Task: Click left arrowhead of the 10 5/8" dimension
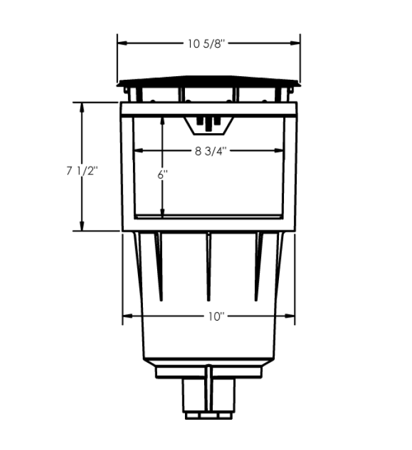(122, 43)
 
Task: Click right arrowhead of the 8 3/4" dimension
(281, 150)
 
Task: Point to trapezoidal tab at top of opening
(208, 125)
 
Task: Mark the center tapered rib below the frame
(208, 266)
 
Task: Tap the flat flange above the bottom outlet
(209, 372)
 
